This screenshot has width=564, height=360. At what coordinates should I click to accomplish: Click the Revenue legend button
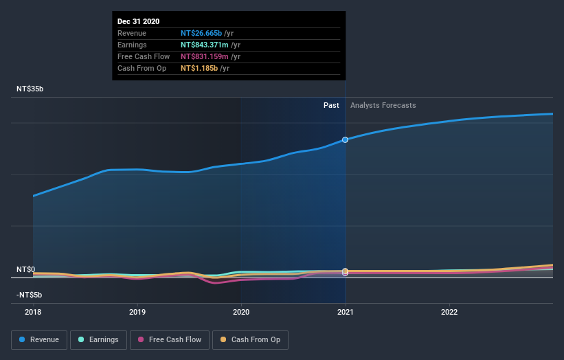point(40,339)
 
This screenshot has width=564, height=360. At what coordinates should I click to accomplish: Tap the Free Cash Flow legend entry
point(170,339)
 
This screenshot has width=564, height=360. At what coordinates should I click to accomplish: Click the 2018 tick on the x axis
point(33,311)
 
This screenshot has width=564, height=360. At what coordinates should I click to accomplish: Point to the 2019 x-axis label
point(137,311)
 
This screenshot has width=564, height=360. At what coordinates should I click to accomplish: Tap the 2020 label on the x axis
point(241,311)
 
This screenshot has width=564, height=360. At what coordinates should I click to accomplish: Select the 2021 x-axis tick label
point(345,311)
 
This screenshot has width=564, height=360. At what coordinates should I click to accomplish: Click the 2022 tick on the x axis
point(449,311)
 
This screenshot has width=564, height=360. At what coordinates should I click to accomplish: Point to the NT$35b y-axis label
point(30,89)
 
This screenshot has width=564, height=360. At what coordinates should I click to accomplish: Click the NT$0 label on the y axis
point(26,269)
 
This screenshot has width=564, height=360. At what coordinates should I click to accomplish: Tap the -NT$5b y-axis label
point(29,295)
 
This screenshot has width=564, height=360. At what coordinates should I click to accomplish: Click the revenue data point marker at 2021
point(345,139)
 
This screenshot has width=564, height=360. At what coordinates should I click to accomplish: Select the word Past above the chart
point(331,105)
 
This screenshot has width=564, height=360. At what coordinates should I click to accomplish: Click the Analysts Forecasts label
point(383,105)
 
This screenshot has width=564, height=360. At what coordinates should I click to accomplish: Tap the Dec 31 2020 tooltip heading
point(138,21)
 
